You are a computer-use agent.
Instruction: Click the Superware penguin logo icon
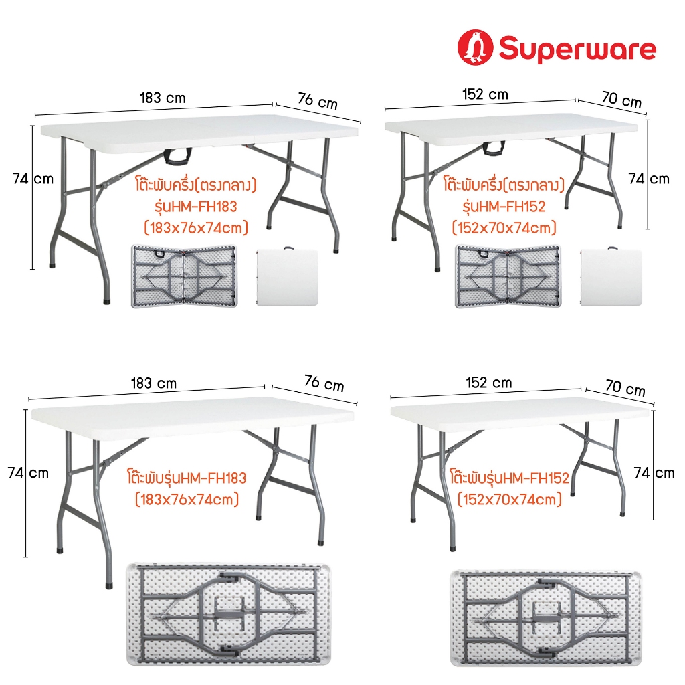(x=476, y=47)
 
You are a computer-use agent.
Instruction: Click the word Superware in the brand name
(x=577, y=49)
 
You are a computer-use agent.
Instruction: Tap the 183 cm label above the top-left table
(x=163, y=98)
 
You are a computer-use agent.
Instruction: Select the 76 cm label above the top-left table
(x=318, y=101)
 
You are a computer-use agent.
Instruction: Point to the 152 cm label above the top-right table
(x=485, y=94)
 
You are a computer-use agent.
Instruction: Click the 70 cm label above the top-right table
(x=621, y=99)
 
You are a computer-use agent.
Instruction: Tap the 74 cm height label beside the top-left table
(x=33, y=179)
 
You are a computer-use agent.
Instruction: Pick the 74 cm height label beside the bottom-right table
(x=654, y=472)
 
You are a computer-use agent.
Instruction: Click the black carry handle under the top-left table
(x=178, y=157)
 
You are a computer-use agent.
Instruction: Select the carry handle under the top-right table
(x=494, y=149)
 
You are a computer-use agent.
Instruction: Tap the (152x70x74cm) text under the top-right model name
(x=504, y=227)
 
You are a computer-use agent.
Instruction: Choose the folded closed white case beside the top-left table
(x=287, y=276)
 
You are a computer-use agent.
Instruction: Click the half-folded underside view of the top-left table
(x=184, y=276)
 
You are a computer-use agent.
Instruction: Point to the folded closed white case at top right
(x=611, y=276)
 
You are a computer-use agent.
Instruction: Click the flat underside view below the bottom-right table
(x=546, y=617)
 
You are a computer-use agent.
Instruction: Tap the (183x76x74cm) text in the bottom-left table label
(x=187, y=499)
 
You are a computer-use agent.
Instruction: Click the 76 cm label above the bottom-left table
(x=324, y=383)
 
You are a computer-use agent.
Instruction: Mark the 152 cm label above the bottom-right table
(x=489, y=383)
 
